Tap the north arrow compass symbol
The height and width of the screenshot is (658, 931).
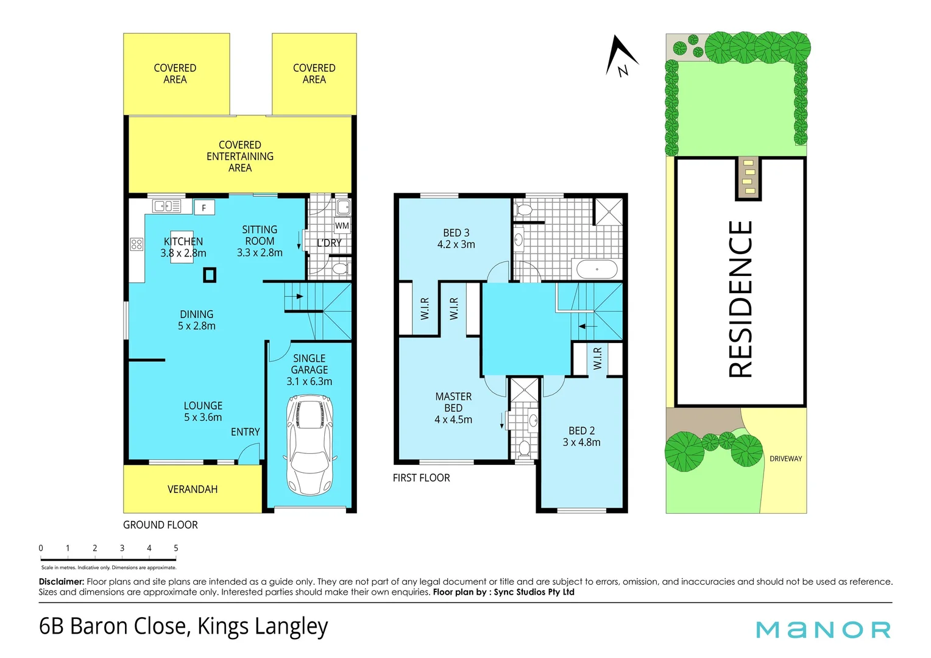621,57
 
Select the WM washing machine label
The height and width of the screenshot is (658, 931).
342,225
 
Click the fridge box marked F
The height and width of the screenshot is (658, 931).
204,208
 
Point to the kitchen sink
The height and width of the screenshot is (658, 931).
166,207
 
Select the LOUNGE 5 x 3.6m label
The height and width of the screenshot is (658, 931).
203,411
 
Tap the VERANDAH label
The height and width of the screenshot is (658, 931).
193,489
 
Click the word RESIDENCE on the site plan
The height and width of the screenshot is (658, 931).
741,299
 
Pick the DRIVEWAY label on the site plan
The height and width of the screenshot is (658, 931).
785,459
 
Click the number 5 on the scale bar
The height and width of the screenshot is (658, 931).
176,548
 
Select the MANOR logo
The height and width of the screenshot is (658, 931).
823,629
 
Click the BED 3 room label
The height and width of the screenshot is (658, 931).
456,238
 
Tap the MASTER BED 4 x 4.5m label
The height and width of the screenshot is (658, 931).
453,408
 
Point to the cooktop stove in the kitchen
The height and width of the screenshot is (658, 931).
136,244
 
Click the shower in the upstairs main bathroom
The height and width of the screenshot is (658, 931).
609,211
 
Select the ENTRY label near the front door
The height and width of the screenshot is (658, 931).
245,432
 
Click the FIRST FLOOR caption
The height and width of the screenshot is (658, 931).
421,478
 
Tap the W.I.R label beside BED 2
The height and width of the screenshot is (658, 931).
598,358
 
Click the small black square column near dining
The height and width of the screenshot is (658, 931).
210,275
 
